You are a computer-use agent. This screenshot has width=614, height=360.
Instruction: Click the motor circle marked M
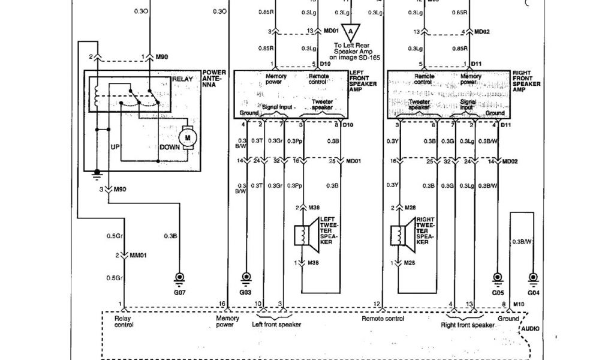click(x=188, y=137)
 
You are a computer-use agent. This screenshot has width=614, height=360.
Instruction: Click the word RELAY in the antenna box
click(x=182, y=79)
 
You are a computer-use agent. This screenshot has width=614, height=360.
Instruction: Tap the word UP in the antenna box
click(x=116, y=146)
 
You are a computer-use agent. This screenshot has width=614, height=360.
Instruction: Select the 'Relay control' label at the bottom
click(x=123, y=322)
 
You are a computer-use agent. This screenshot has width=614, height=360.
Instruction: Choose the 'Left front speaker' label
click(x=276, y=324)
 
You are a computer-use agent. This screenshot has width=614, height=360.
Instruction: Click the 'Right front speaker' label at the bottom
click(x=468, y=325)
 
